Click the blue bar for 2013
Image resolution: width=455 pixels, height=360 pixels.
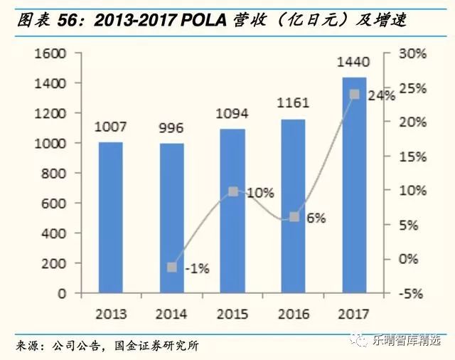click(110, 218)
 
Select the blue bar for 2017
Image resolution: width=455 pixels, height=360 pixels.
click(354, 185)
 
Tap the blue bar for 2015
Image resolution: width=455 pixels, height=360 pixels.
click(232, 211)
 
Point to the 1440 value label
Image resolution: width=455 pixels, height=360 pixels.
click(353, 63)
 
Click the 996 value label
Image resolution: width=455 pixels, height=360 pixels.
click(171, 128)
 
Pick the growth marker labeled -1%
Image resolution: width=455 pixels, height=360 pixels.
click(171, 267)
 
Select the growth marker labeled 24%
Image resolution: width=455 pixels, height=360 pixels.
click(354, 94)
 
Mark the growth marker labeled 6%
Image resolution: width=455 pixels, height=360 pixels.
click(294, 216)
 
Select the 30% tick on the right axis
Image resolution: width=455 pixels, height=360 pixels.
click(412, 53)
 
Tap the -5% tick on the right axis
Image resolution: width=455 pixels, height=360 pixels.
click(412, 293)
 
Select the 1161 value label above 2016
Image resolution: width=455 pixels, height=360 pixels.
click(293, 104)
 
